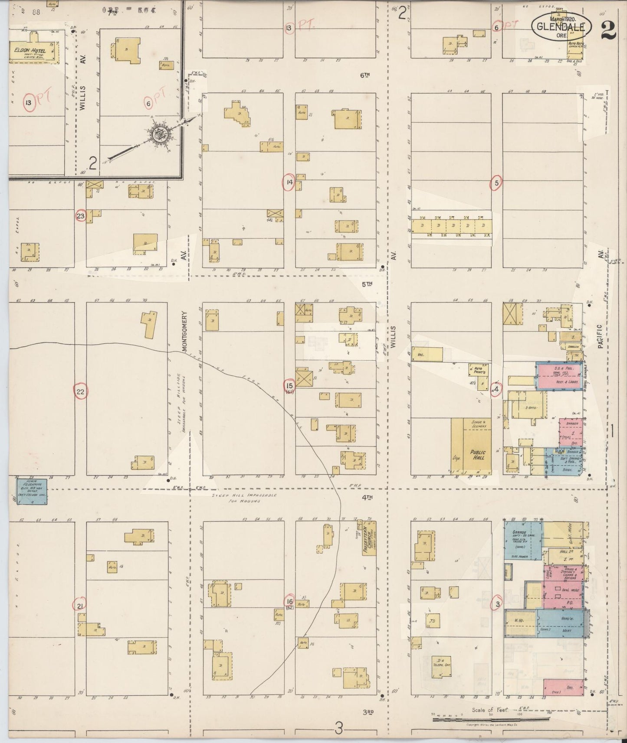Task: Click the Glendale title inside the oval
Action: point(561,26)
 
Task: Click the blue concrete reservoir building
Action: point(32,491)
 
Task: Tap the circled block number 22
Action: point(80,392)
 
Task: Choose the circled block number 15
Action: point(289,385)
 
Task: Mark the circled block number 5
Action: point(496,183)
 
